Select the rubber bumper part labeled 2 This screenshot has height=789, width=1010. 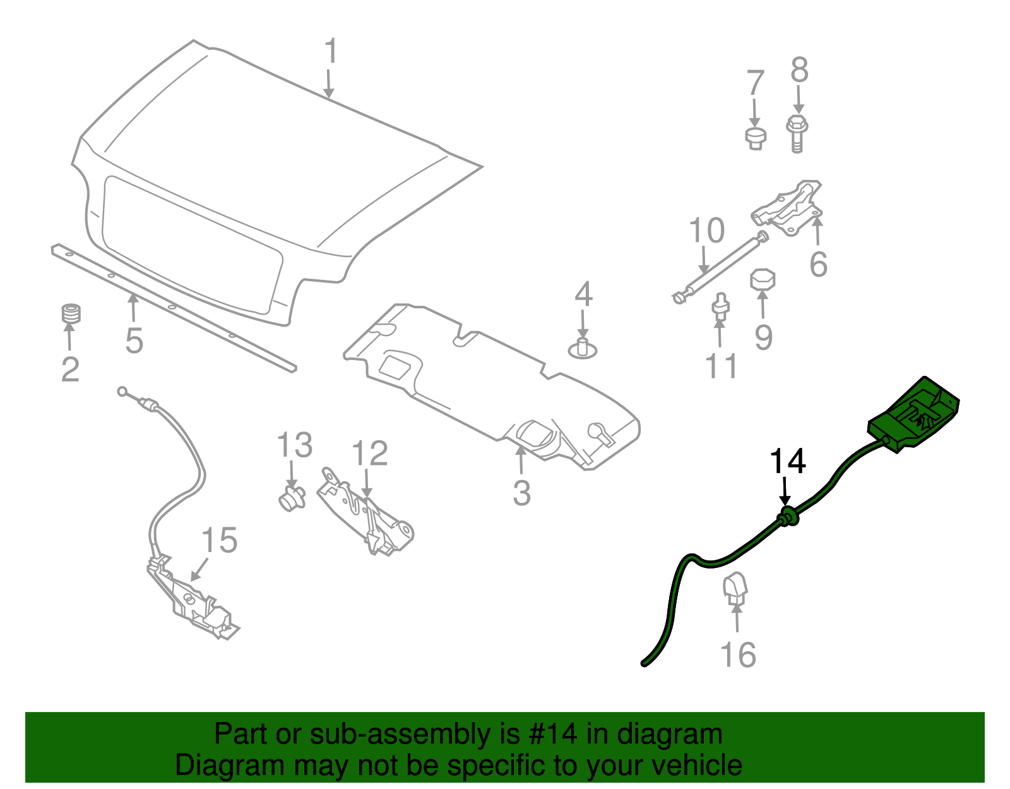pyautogui.click(x=71, y=314)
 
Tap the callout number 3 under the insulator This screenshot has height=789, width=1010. pyautogui.click(x=521, y=493)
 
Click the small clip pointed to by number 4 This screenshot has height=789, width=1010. pyautogui.click(x=583, y=349)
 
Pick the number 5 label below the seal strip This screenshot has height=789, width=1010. pyautogui.click(x=134, y=341)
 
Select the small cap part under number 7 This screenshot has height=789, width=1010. pyautogui.click(x=755, y=138)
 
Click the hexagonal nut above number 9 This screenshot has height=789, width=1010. pyautogui.click(x=763, y=280)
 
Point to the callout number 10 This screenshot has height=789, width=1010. pyautogui.click(x=706, y=231)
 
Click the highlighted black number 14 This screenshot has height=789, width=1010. pyautogui.click(x=787, y=462)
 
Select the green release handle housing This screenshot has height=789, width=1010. pyautogui.click(x=914, y=415)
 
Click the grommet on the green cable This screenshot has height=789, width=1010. pyautogui.click(x=787, y=517)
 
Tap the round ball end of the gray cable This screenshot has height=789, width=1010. pyautogui.click(x=122, y=392)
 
